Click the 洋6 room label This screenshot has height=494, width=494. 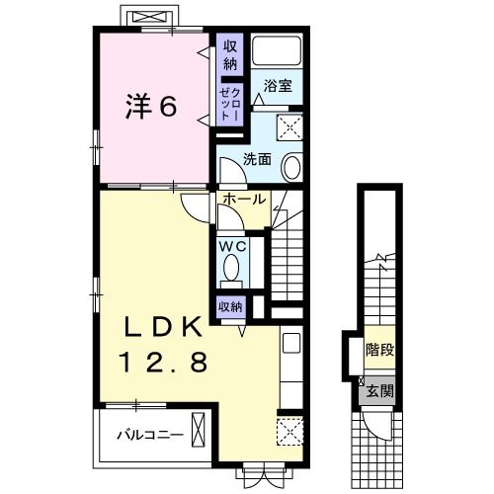point(150,106)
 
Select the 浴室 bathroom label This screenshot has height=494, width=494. point(276,88)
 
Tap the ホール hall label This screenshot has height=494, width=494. point(243,200)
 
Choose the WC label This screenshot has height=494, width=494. point(232,244)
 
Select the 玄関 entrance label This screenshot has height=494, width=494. point(379,390)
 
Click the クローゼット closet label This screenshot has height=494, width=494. point(229,102)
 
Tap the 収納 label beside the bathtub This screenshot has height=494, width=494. point(229,55)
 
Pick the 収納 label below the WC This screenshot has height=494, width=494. point(230,305)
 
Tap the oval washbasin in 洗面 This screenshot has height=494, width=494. point(293,167)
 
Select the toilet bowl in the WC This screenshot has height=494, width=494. point(232,268)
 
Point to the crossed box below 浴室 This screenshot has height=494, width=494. point(291,125)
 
